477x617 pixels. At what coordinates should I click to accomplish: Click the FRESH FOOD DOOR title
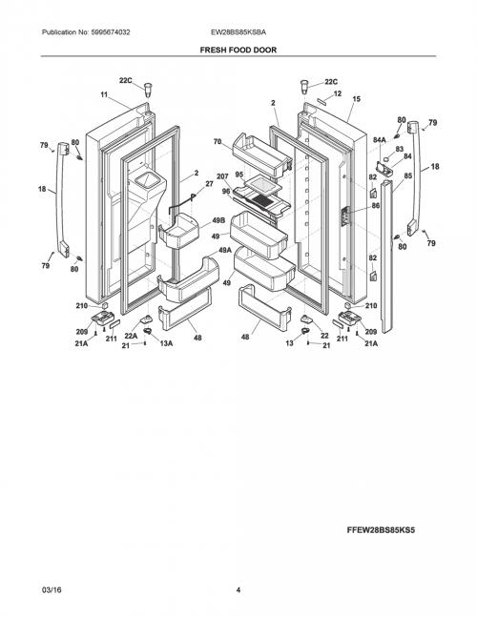click(x=238, y=50)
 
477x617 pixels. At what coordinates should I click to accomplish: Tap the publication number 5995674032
click(x=111, y=32)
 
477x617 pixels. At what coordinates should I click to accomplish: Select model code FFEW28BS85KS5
click(x=381, y=530)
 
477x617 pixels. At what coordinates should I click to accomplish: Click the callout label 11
click(x=104, y=94)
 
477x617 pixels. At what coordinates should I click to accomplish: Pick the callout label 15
click(x=356, y=99)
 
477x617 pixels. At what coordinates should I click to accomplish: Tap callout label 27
click(x=209, y=184)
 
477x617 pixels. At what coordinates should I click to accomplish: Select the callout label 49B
click(x=218, y=220)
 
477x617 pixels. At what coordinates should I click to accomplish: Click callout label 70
click(x=218, y=142)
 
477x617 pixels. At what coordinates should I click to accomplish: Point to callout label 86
click(x=376, y=205)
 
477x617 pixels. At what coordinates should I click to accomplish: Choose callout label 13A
click(x=166, y=343)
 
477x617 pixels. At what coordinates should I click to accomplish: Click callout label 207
click(x=222, y=176)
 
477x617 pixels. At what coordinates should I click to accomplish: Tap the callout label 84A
click(x=380, y=139)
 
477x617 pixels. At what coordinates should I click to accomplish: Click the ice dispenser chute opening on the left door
click(x=149, y=180)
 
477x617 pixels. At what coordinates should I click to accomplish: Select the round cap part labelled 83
click(x=388, y=158)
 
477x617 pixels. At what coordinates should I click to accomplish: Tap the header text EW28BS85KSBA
click(x=238, y=32)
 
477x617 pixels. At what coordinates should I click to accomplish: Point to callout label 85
click(x=408, y=175)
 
